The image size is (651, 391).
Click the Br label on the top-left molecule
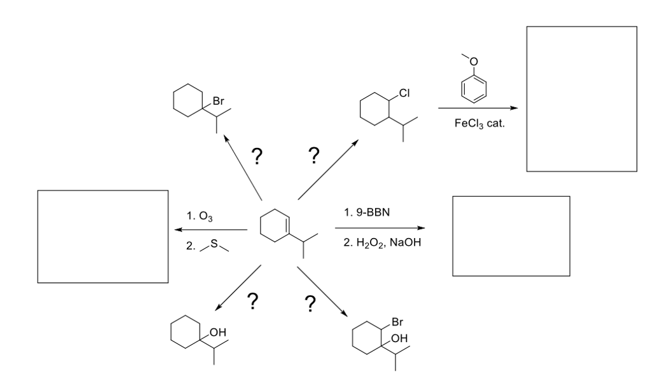(219, 101)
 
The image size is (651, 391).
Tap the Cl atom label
(404, 93)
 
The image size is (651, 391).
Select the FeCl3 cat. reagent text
(479, 123)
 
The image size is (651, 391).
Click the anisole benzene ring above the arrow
(473, 89)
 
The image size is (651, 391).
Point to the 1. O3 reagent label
(200, 216)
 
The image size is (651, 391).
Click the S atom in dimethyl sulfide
(214, 243)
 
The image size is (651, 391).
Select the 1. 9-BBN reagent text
(367, 212)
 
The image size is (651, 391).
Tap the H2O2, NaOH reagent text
(382, 242)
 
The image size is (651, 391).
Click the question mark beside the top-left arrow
(257, 156)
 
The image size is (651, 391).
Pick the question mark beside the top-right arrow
(314, 155)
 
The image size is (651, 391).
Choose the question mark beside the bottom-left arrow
(252, 302)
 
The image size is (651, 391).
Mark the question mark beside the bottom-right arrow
(310, 303)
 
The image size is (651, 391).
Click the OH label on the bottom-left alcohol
(217, 332)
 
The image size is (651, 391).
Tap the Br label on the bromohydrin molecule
(398, 322)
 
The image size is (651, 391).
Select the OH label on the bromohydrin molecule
(399, 338)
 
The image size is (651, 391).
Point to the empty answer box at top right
(582, 98)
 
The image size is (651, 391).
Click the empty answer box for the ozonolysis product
(103, 236)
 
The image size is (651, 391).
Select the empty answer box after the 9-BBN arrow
(511, 236)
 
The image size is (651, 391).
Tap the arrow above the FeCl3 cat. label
(478, 108)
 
